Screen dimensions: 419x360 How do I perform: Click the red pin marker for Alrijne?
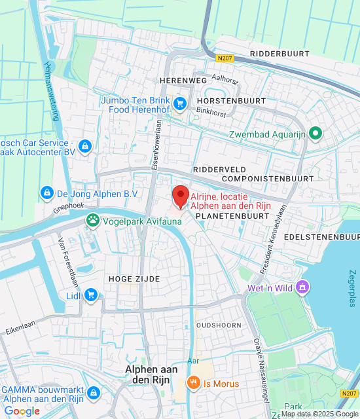(181, 196)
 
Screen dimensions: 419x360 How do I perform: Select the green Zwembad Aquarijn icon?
(315, 134)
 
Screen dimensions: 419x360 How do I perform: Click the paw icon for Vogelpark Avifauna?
(93, 221)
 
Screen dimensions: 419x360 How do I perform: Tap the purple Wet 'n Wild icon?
(302, 287)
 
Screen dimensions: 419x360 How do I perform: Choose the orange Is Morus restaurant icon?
(193, 383)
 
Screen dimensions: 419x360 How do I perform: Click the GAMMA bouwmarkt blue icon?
(94, 392)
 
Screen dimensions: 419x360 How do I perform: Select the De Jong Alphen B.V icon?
(46, 193)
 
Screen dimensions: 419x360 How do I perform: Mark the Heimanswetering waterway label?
(52, 91)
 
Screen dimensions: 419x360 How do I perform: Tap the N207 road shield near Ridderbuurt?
(225, 58)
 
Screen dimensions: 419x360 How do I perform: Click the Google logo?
(22, 411)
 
